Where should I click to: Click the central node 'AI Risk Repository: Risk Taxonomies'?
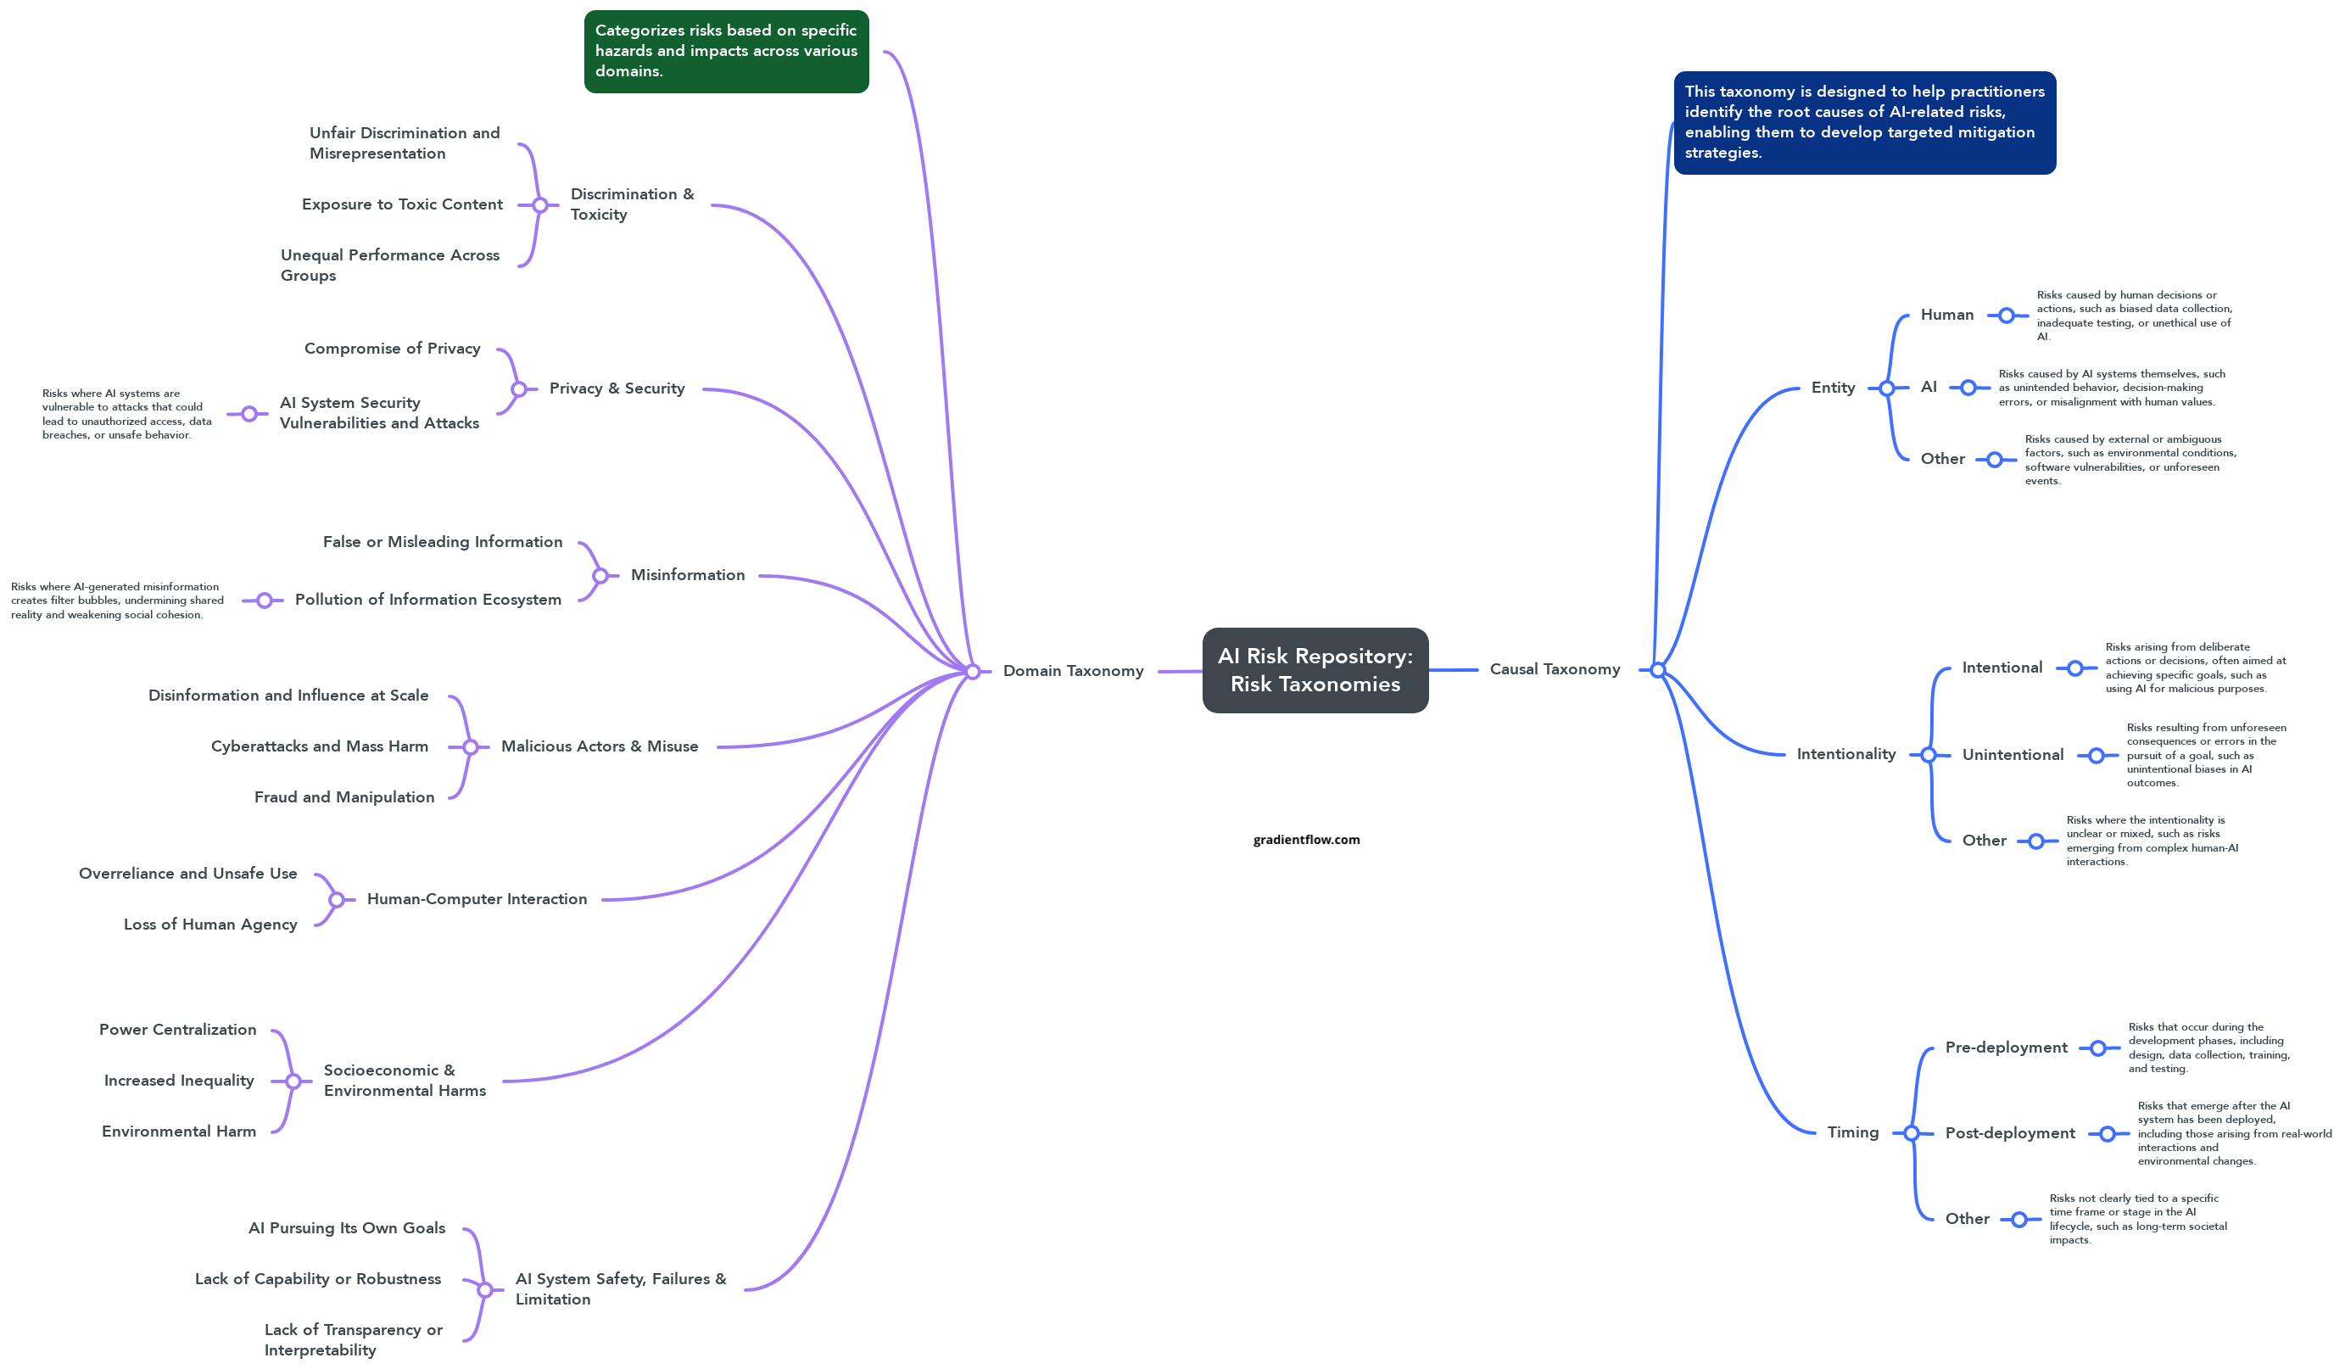pos(1314,670)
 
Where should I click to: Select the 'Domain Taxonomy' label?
pos(1072,671)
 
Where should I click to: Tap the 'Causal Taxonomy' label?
pos(1554,669)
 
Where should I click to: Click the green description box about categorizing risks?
pos(726,51)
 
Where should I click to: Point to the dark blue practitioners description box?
pos(1864,122)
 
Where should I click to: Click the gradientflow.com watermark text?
pos(1305,840)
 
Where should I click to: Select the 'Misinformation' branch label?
pos(688,575)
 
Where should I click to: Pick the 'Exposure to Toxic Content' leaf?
pos(402,204)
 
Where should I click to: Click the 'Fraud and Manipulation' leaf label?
pos(344,797)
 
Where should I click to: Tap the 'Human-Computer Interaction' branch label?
pos(477,899)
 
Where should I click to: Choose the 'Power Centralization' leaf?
pos(178,1030)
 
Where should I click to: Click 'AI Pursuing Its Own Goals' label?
pos(346,1228)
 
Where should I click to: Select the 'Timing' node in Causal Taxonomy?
pos(1851,1132)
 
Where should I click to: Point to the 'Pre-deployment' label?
pos(2006,1048)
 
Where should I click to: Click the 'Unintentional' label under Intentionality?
pos(2012,755)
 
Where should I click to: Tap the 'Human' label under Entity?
pos(1946,315)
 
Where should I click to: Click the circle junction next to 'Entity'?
pos(1886,388)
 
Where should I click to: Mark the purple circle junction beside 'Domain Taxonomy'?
pos(973,671)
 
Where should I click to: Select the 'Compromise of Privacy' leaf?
pos(392,349)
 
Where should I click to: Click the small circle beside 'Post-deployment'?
pos(2108,1133)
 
